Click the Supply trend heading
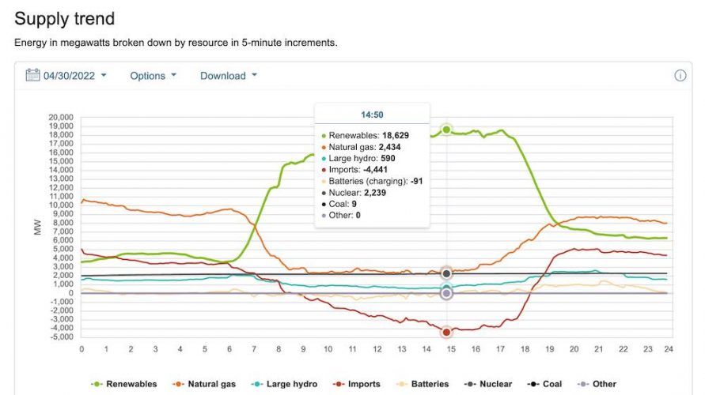click(65, 18)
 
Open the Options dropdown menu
click(153, 76)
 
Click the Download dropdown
click(228, 76)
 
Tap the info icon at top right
click(680, 76)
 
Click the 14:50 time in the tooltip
click(372, 115)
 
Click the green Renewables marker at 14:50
click(446, 130)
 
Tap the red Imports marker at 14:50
click(446, 332)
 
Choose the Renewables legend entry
click(126, 384)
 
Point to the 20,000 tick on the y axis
click(61, 118)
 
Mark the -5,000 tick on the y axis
click(61, 337)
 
